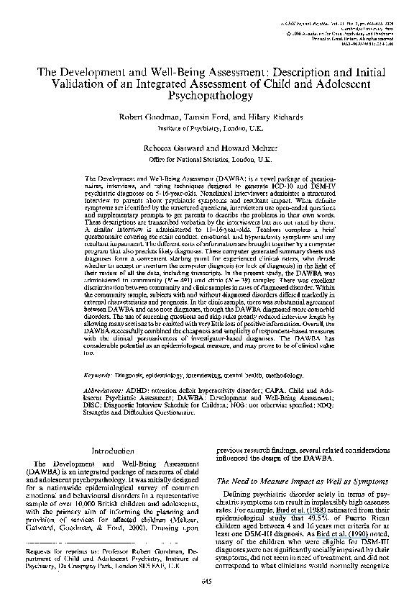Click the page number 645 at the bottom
[207, 580]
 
